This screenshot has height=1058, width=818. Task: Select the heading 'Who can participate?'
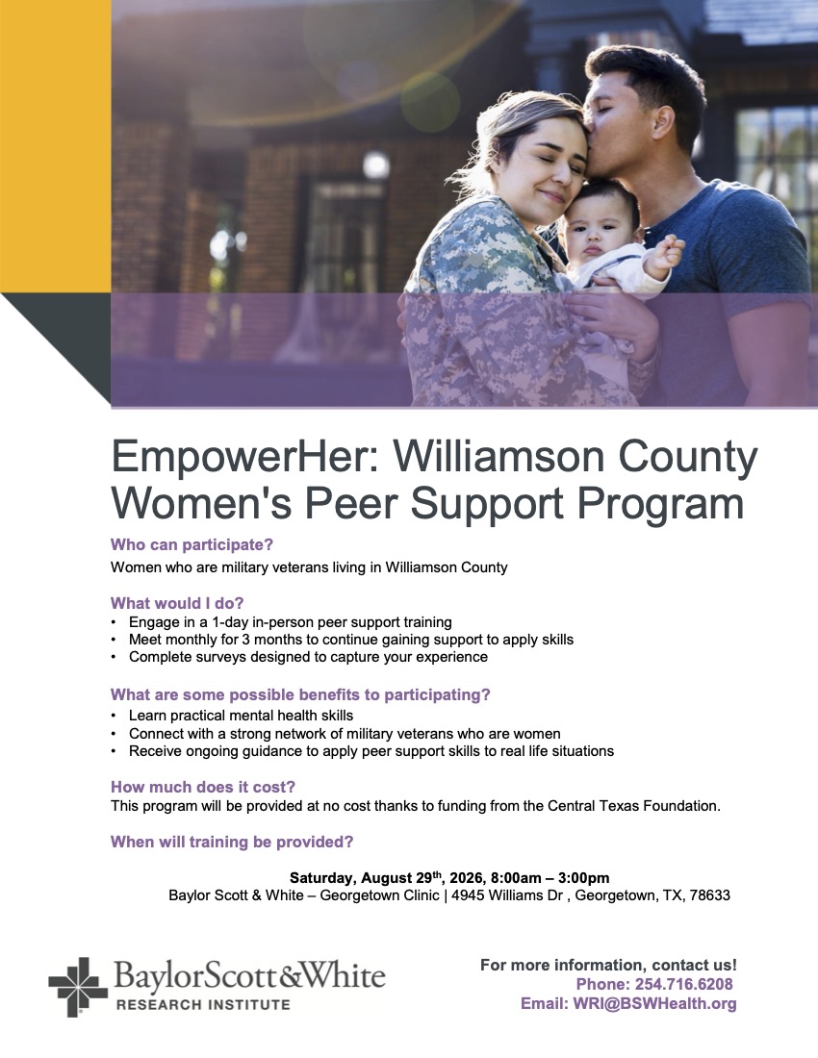pos(192,544)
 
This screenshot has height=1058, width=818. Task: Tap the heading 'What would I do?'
pos(177,603)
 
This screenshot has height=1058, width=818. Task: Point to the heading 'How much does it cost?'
pos(203,787)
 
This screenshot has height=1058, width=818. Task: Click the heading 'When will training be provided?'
pos(232,843)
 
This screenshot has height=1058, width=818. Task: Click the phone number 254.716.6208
pos(683,985)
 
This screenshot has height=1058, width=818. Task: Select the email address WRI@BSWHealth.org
pos(654,1004)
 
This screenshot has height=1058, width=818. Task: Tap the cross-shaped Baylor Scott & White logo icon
pos(78,987)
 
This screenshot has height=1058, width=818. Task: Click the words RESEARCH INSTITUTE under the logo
pos(203,1005)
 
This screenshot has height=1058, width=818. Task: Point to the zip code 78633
pos(710,895)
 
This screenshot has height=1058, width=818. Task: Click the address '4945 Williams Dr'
pos(507,895)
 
